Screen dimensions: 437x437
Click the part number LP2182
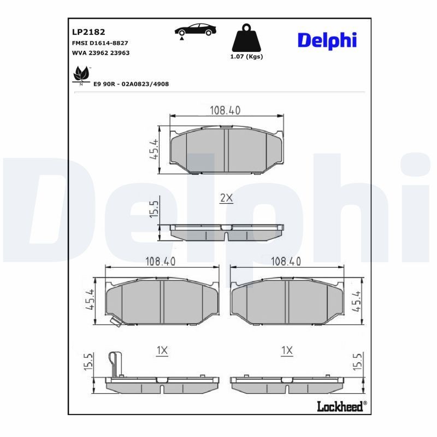[85, 32]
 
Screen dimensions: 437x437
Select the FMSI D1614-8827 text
[100, 43]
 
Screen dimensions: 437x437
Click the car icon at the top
[194, 31]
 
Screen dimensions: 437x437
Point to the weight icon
[246, 38]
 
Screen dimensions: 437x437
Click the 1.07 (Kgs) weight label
[246, 57]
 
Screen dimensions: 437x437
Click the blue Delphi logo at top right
[327, 39]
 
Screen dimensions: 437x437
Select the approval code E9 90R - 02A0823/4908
[131, 84]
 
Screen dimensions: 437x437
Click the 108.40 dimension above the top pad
[225, 110]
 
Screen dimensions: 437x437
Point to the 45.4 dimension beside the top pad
[154, 148]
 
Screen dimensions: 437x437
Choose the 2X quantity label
[226, 199]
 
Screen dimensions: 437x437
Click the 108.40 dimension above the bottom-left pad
[160, 261]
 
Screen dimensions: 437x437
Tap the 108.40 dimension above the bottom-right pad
[286, 261]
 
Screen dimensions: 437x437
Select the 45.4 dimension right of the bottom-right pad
[357, 300]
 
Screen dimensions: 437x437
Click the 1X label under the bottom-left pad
[161, 351]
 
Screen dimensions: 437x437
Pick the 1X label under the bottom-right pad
[287, 351]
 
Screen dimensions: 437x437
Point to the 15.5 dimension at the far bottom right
[357, 362]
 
